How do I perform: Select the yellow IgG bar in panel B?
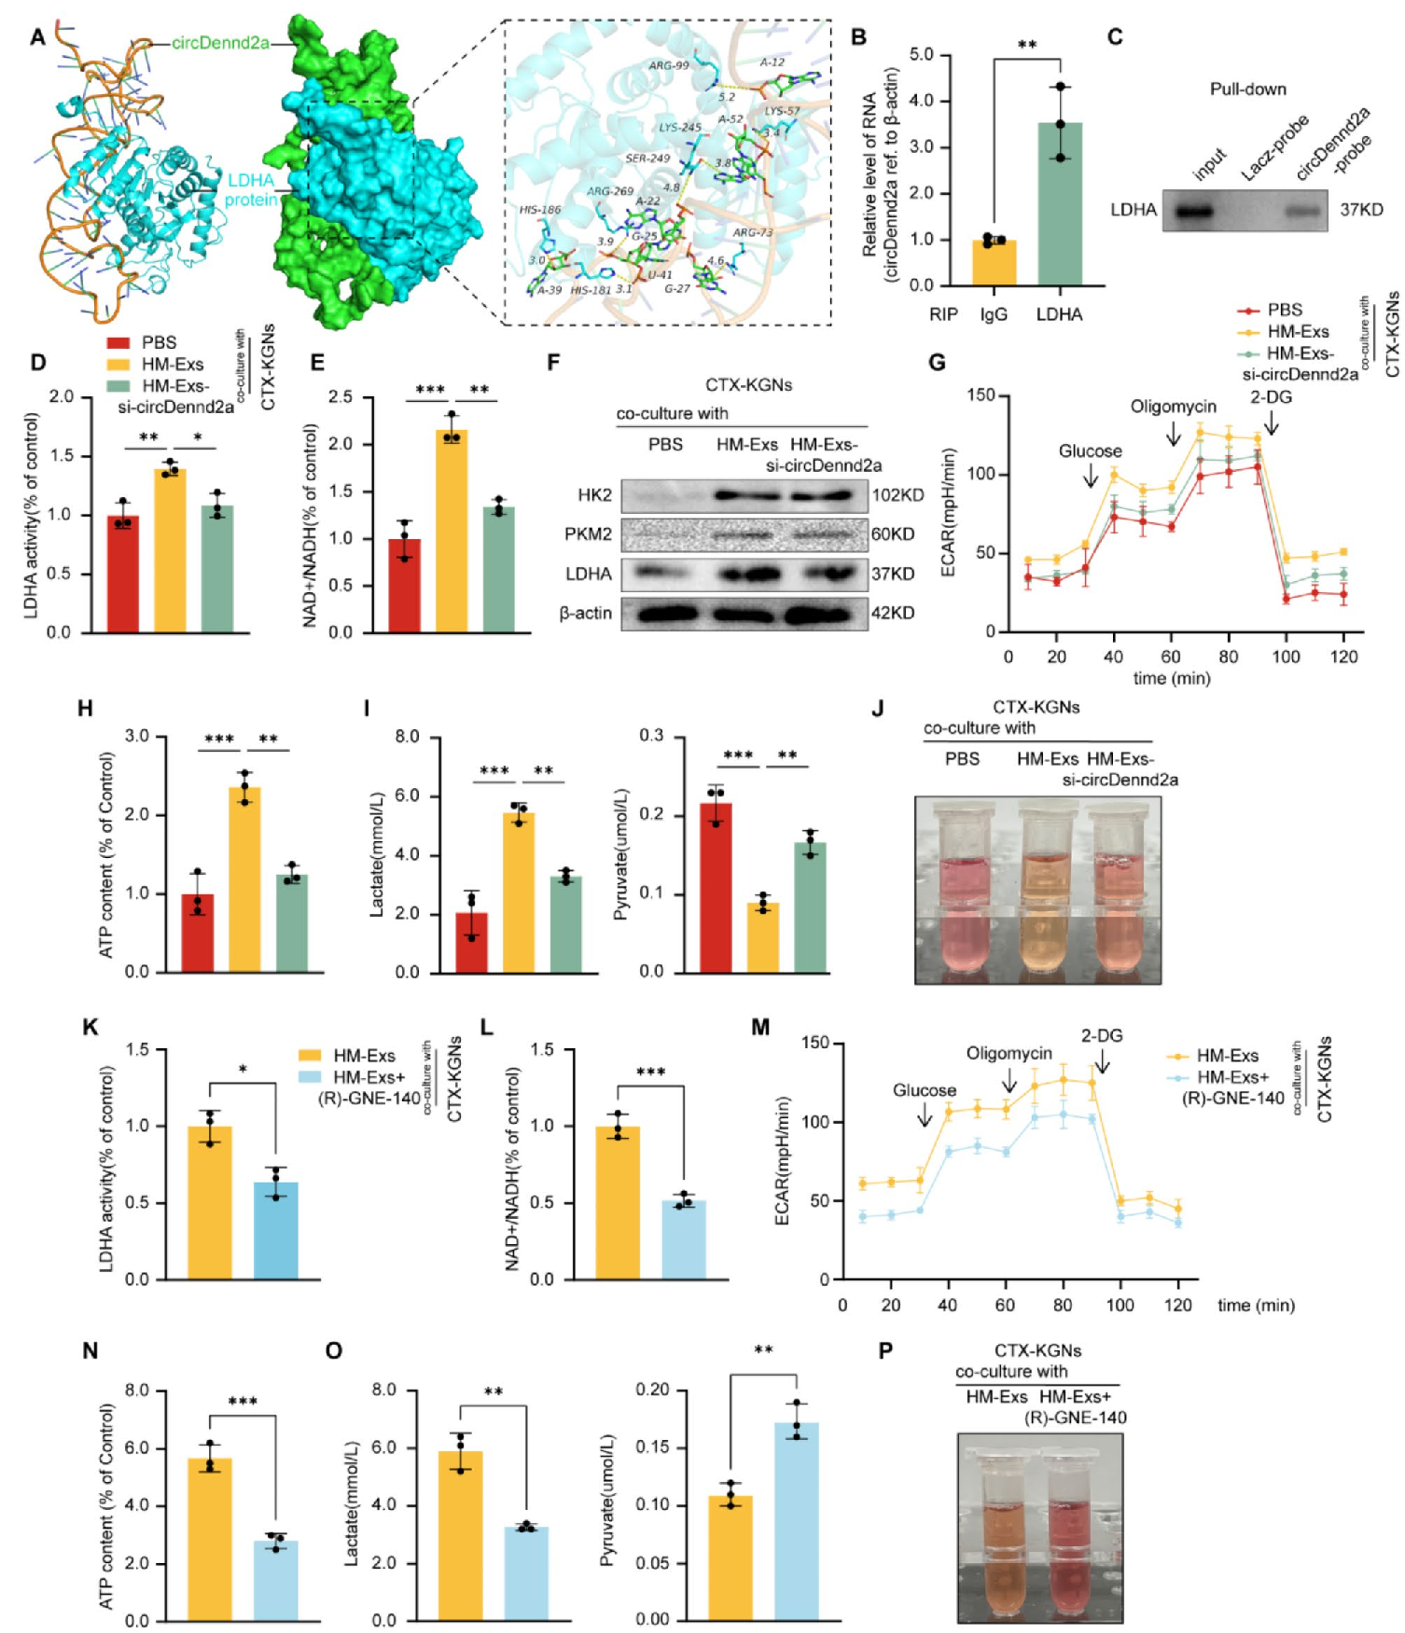995,263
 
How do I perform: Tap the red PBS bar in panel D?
123,574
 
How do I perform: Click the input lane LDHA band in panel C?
1192,212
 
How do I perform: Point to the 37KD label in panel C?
1361,210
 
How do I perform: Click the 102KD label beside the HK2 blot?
897,495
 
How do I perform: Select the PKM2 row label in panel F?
588,534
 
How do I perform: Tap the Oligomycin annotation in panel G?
1173,407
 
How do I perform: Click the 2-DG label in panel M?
1102,1036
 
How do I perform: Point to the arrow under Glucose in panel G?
1091,477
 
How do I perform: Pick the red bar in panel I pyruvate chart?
716,887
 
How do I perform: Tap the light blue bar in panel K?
276,1230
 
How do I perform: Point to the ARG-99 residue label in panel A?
669,66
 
